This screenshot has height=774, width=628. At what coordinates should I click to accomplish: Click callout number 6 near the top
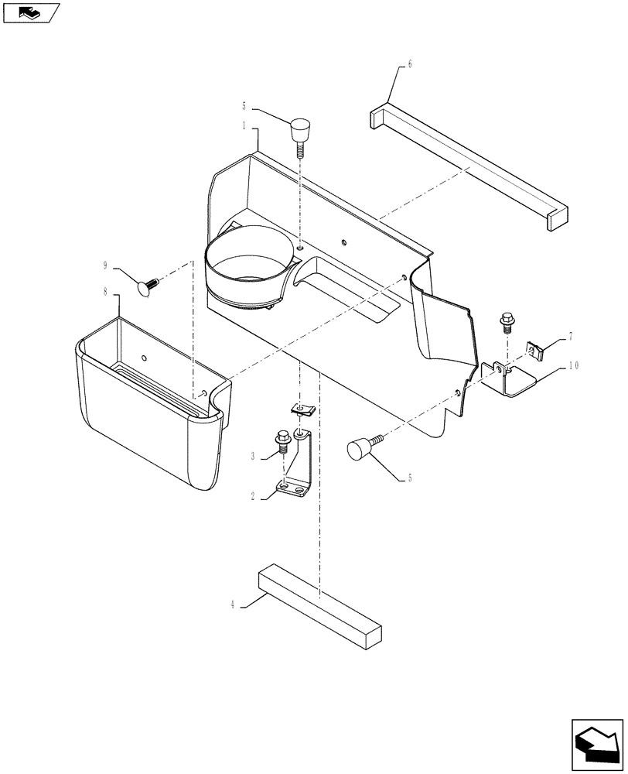(410, 64)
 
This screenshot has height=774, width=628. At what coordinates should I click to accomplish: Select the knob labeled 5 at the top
(300, 128)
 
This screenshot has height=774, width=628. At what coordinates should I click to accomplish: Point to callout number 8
(106, 293)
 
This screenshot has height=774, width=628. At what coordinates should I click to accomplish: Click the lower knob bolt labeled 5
(361, 449)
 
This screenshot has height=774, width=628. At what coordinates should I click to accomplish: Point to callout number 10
(574, 366)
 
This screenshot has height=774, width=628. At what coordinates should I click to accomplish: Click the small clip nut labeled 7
(534, 352)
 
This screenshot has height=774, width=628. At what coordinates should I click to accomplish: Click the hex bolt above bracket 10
(506, 318)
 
